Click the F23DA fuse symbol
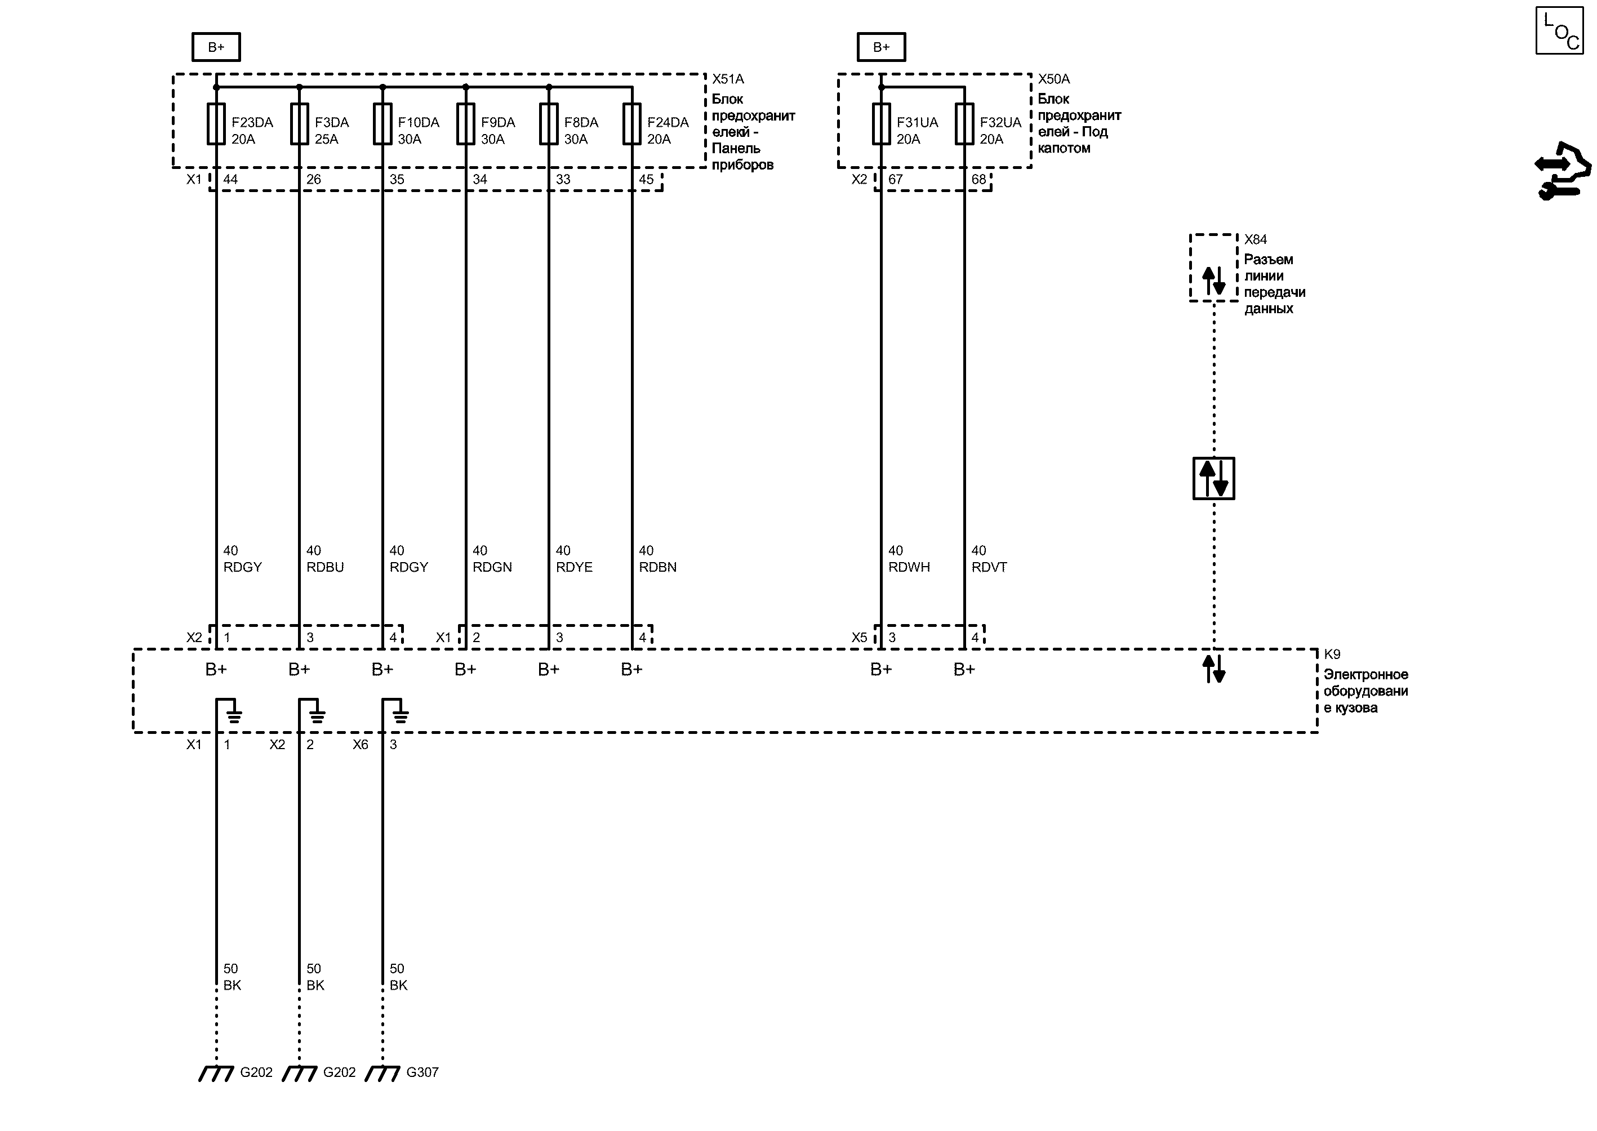click(216, 124)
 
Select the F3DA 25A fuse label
click(332, 130)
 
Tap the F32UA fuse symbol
click(964, 124)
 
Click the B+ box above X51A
click(216, 47)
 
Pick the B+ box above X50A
click(881, 47)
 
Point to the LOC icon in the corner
click(1560, 30)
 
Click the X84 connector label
click(1256, 239)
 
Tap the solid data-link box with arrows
click(1213, 478)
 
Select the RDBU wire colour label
click(325, 567)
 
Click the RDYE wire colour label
click(574, 567)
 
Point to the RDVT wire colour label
click(989, 567)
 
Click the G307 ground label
click(422, 1072)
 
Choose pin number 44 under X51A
click(230, 180)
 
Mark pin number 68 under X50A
click(978, 180)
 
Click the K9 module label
click(1332, 654)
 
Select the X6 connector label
click(360, 745)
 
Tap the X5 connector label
click(860, 637)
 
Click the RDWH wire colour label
click(909, 567)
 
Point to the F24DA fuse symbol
click(631, 124)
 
